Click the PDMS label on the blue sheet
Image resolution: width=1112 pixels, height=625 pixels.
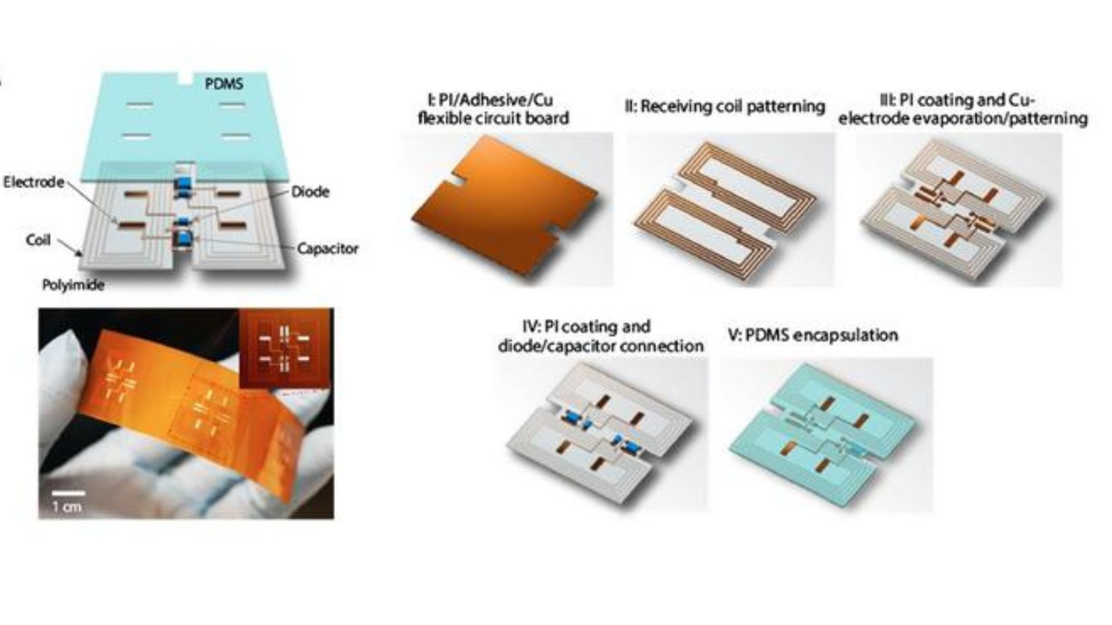click(x=224, y=84)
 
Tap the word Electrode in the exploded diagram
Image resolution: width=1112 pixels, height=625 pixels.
click(x=34, y=182)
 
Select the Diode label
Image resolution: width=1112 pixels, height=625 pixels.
click(x=310, y=192)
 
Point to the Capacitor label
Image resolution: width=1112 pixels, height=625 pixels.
click(x=327, y=249)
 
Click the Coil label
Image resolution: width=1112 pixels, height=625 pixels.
click(x=38, y=240)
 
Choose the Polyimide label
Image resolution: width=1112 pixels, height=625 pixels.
click(x=73, y=285)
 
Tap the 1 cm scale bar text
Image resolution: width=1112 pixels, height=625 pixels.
click(x=67, y=508)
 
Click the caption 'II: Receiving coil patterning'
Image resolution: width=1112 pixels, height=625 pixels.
click(x=725, y=106)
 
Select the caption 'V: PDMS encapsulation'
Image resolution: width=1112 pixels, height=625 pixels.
click(x=813, y=335)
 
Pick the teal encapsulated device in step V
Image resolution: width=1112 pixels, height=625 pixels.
click(x=822, y=431)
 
